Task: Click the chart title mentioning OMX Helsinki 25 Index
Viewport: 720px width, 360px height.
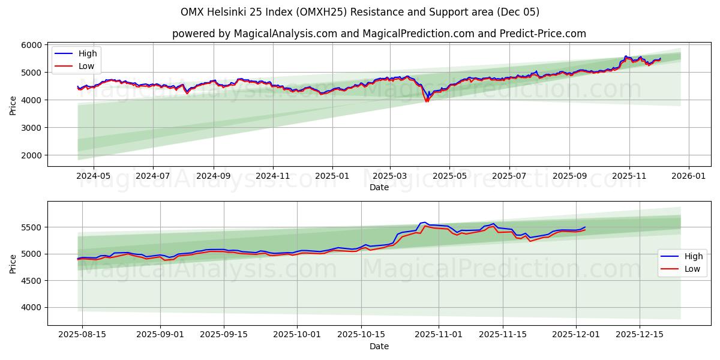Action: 360,12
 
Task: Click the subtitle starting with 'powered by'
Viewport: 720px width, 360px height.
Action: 379,34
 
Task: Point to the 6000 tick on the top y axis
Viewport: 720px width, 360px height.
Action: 32,45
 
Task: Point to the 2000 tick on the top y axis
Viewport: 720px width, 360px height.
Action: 32,155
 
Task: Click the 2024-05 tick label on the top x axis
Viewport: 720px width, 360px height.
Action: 94,176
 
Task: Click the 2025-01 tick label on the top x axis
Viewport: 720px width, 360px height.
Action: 331,176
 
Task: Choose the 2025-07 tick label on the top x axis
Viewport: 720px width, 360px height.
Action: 509,176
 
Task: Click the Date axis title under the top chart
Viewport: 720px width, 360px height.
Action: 379,187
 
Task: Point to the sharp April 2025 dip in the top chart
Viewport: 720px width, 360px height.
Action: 427,100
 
